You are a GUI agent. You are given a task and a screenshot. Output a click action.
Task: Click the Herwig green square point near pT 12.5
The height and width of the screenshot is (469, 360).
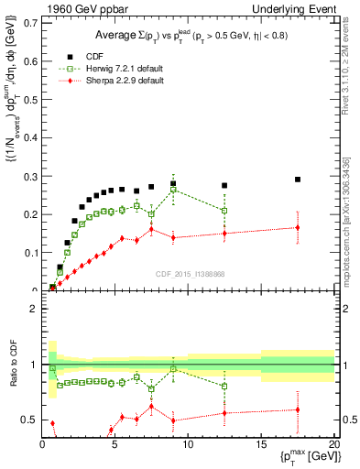[x=224, y=211]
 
